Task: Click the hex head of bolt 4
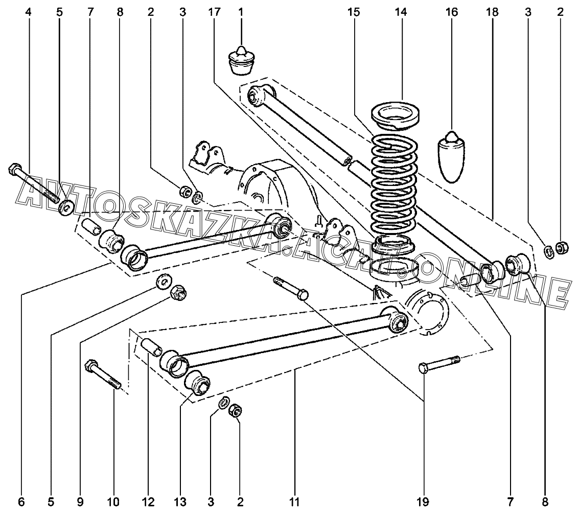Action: tap(14, 169)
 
